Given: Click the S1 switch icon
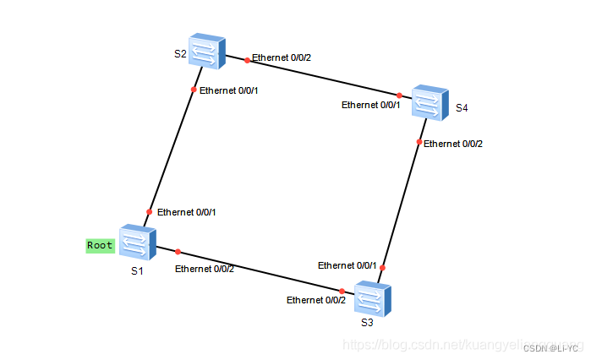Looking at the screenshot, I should [134, 243].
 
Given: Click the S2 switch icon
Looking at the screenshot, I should [207, 52].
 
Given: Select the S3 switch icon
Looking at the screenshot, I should [373, 299].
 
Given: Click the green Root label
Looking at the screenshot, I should [100, 246].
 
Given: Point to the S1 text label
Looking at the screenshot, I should [137, 271].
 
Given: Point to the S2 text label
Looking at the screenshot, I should [180, 54].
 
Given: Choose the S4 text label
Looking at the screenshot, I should [461, 108].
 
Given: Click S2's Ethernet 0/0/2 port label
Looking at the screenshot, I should [282, 58].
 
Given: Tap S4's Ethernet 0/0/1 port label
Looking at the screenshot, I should [370, 105].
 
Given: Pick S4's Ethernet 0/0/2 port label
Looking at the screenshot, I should [453, 144].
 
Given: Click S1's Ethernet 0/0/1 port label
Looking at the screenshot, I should [186, 212].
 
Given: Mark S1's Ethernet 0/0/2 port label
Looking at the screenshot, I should [205, 269].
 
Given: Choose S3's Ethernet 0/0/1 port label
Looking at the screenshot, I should [347, 265].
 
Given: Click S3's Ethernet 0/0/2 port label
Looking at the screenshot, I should [316, 300].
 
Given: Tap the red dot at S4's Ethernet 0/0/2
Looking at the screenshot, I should [419, 142].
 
